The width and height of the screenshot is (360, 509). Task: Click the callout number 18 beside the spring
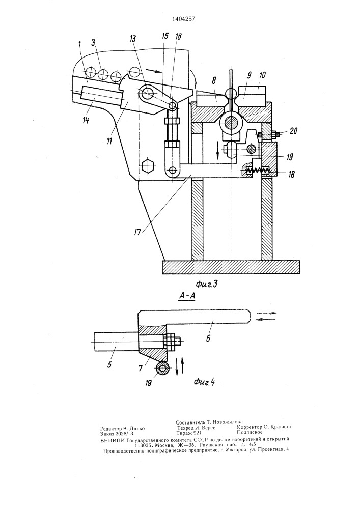pyautogui.click(x=291, y=174)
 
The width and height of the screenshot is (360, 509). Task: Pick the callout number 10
pyautogui.click(x=262, y=75)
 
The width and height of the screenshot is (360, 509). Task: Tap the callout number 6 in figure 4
pyautogui.click(x=208, y=338)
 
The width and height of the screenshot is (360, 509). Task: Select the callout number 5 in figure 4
pyautogui.click(x=109, y=365)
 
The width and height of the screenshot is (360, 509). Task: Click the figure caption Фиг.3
pyautogui.click(x=206, y=285)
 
